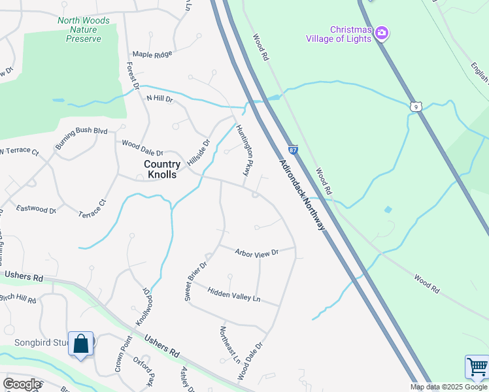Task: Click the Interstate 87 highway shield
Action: [x=293, y=150]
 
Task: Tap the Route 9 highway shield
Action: [x=416, y=105]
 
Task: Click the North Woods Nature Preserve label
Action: [x=84, y=29]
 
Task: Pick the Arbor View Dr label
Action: [x=257, y=252]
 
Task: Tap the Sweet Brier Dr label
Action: [x=195, y=282]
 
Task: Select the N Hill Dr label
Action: [x=159, y=99]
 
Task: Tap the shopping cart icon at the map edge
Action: [x=478, y=367]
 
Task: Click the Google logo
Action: [x=22, y=384]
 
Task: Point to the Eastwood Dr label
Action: [x=37, y=209]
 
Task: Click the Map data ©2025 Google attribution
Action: [x=449, y=387]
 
